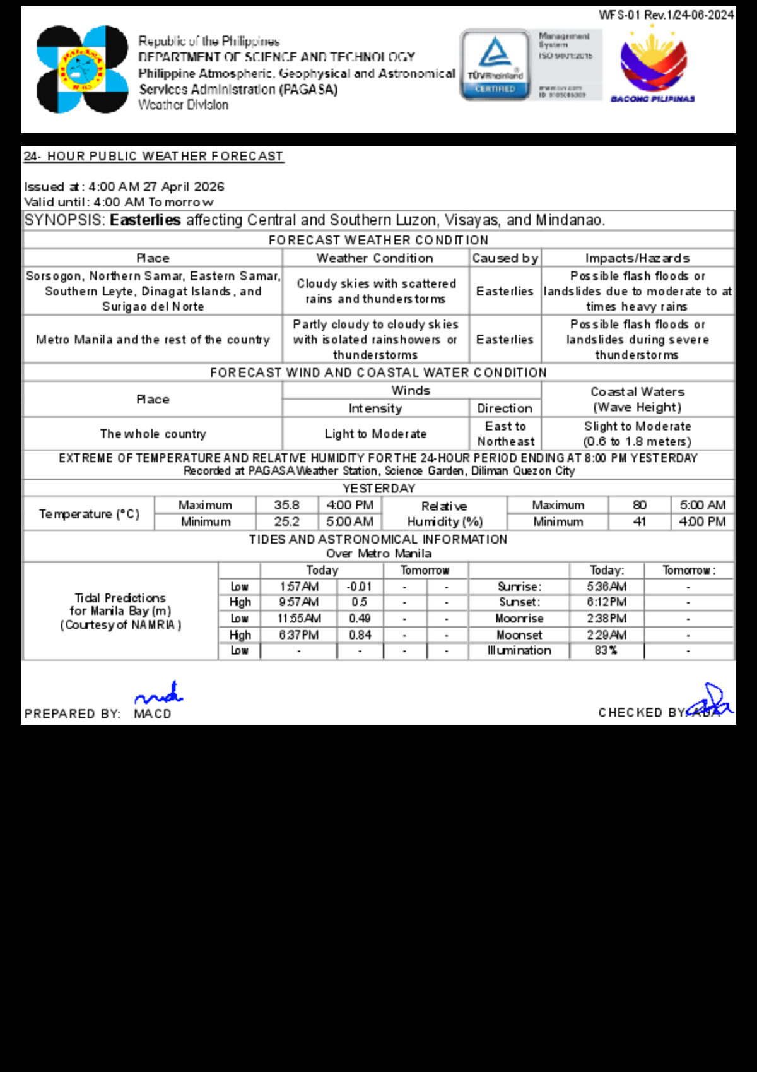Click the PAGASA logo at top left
click(82, 69)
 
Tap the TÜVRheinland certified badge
click(495, 64)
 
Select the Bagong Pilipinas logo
click(653, 65)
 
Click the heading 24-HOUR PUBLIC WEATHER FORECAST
click(154, 156)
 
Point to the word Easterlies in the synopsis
click(145, 220)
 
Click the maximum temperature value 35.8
click(286, 505)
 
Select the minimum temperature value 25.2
click(286, 521)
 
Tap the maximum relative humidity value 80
click(639, 505)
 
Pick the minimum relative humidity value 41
click(639, 521)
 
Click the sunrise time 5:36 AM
click(606, 587)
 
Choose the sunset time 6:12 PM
click(606, 602)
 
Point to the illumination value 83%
click(606, 650)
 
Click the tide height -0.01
click(360, 587)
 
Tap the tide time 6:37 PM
click(299, 635)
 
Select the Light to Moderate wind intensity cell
click(375, 434)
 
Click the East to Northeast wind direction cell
click(505, 434)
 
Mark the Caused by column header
click(505, 258)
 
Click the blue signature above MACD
click(159, 694)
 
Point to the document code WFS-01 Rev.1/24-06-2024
click(666, 15)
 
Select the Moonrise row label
click(519, 619)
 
